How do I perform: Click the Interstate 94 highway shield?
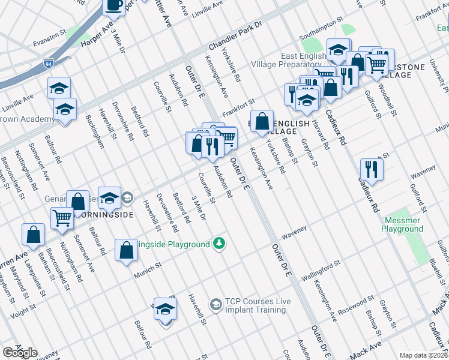click(49, 62)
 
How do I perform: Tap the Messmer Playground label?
click(402, 225)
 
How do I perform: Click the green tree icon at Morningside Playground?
click(220, 243)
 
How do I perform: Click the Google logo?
click(20, 353)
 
